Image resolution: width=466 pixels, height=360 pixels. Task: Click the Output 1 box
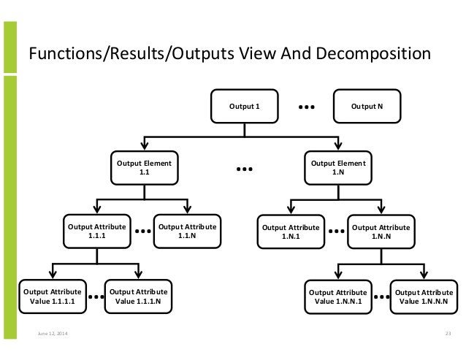(x=245, y=107)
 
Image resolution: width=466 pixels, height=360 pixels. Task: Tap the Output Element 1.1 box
(x=143, y=168)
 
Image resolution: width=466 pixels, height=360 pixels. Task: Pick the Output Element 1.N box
(x=338, y=168)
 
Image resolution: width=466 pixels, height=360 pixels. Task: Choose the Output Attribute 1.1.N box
(x=186, y=231)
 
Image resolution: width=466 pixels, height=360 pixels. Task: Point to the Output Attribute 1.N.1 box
(x=291, y=231)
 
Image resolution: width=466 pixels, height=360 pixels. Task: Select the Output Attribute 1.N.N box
(x=381, y=231)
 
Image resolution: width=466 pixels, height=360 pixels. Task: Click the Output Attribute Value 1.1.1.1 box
(x=51, y=295)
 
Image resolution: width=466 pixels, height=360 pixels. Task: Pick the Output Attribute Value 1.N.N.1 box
(x=337, y=295)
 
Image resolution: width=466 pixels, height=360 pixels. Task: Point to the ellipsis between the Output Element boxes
(x=244, y=170)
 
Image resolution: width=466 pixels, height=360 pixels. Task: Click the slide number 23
(x=447, y=334)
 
